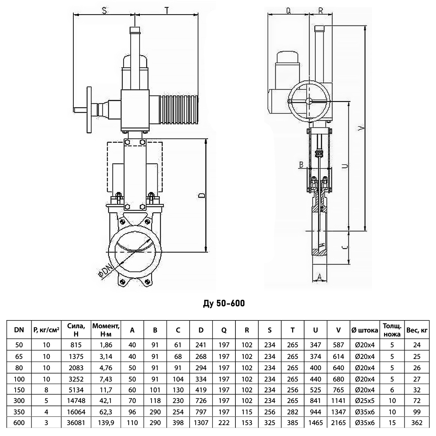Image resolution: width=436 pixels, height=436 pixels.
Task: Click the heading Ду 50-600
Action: click(x=224, y=303)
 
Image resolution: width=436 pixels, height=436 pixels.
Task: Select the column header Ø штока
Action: click(x=365, y=330)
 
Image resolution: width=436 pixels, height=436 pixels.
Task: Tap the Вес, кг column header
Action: click(x=417, y=330)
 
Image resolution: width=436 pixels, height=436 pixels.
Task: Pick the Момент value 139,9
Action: click(x=106, y=423)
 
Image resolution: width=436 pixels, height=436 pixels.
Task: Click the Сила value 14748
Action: click(x=76, y=401)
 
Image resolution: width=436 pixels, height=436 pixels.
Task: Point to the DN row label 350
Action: click(x=19, y=412)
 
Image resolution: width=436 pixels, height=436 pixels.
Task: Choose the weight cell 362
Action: click(x=417, y=423)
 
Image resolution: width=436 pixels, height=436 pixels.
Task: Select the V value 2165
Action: click(x=338, y=423)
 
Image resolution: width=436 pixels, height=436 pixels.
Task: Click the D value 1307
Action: click(x=201, y=423)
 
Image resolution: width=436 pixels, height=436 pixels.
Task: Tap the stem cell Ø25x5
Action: click(x=365, y=401)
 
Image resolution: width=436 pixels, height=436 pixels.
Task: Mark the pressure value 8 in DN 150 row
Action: click(x=47, y=389)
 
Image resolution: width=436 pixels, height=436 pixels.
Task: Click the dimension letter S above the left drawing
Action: click(x=104, y=10)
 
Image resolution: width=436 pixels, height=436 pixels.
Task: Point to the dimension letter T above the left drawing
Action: click(x=167, y=11)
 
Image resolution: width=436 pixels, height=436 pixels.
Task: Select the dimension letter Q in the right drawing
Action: click(x=288, y=11)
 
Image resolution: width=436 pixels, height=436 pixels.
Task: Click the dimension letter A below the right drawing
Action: click(x=319, y=276)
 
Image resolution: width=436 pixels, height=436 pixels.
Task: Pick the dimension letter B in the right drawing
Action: click(x=301, y=165)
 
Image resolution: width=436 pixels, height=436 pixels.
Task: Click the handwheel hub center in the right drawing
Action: click(x=309, y=101)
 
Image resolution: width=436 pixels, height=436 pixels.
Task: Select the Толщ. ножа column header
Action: click(x=392, y=330)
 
